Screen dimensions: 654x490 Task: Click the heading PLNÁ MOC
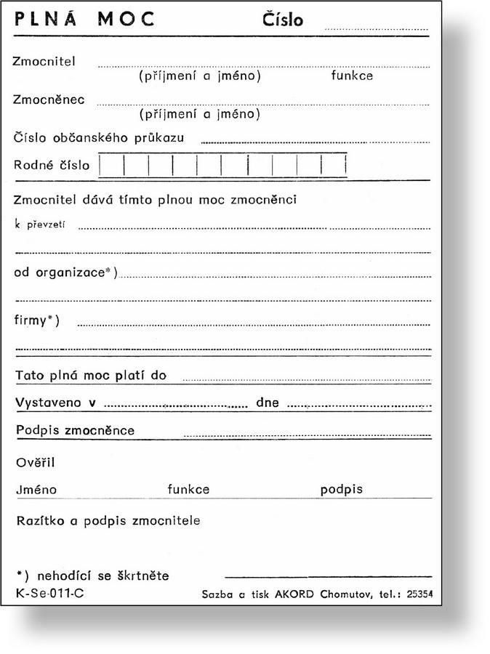pos(84,20)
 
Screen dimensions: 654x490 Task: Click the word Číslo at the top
pos(283,20)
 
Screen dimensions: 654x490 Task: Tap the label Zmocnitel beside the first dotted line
pos(44,61)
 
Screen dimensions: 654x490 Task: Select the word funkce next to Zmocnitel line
pos(352,76)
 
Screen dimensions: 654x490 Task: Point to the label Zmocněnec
pos(49,100)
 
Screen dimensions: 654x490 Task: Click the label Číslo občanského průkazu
pos(98,137)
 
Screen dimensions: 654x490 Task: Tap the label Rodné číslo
pos(52,165)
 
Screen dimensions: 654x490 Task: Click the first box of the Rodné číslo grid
pos(111,165)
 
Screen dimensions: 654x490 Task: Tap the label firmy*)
pos(37,320)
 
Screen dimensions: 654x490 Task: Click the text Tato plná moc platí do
pos(91,376)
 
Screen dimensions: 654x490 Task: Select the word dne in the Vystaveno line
pos(267,403)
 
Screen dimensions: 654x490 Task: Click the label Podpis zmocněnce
pos(75,430)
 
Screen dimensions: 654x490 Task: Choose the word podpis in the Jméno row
pos(341,490)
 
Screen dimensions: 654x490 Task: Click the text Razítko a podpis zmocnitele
pos(107,521)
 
